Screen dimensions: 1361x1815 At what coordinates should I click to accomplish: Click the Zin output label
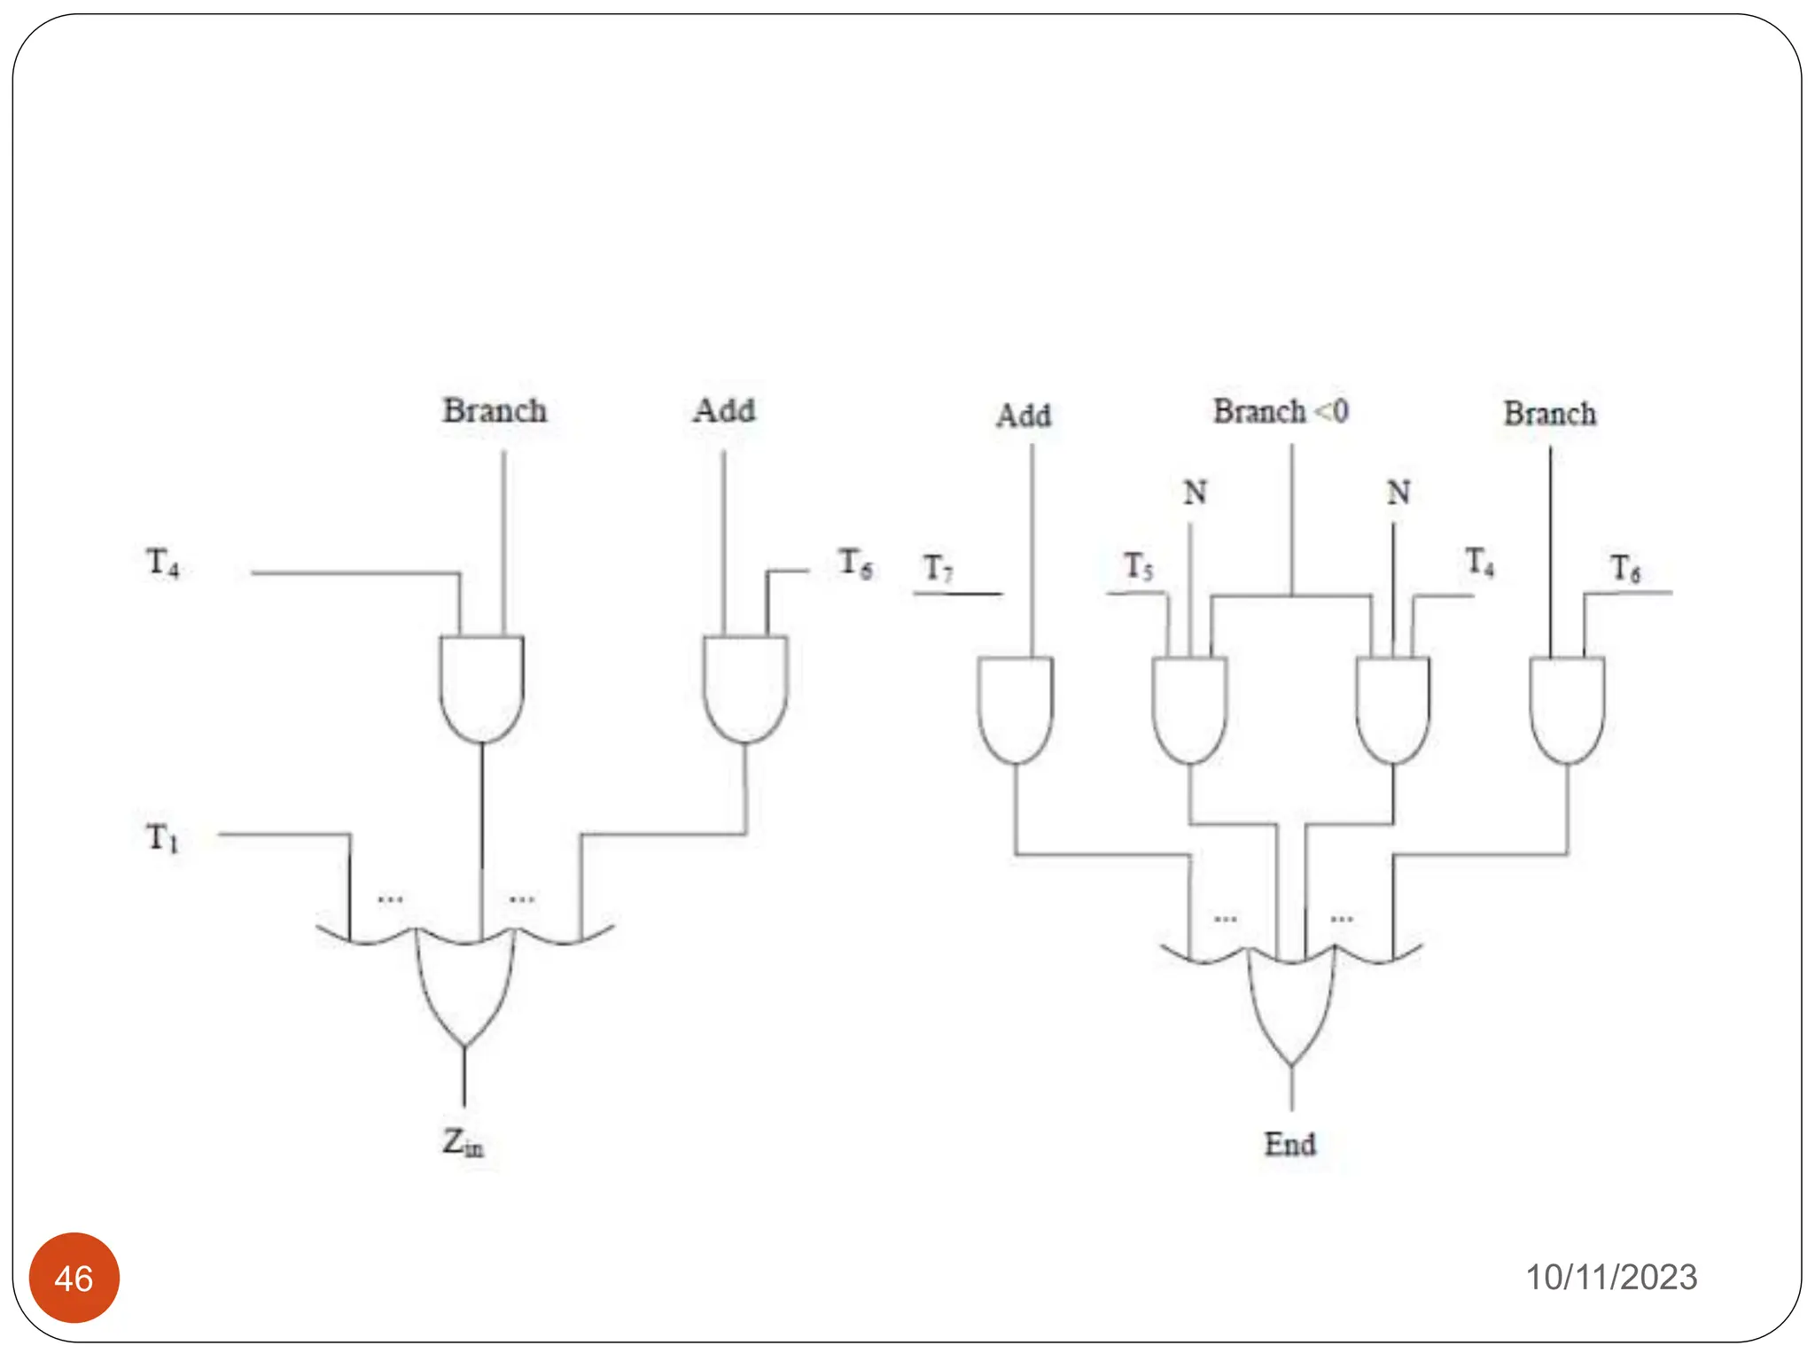pos(463,1143)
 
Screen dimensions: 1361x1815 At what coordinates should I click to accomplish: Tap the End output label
pos(1289,1144)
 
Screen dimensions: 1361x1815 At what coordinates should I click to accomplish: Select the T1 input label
pos(162,836)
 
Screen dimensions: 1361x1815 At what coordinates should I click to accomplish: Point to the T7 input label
pos(938,568)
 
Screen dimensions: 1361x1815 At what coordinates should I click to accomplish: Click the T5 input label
pos(1139,566)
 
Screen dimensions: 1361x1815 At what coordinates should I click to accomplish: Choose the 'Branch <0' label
pos(1281,411)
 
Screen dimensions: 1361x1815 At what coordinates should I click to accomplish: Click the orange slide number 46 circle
pos(74,1278)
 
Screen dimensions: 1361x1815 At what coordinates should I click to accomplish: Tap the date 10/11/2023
pos(1610,1277)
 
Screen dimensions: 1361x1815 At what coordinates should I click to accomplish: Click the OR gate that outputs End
pos(1291,1001)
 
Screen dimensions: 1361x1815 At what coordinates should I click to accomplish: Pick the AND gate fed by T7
pos(1016,709)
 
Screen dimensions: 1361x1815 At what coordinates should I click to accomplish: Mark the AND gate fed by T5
pos(1189,709)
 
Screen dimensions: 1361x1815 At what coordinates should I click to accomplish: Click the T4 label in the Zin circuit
pos(162,562)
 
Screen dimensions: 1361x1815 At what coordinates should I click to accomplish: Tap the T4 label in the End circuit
pos(1479,562)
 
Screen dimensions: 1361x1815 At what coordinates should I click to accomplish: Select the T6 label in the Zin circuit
pos(855,563)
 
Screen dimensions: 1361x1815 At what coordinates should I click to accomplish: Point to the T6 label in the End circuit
pos(1625,568)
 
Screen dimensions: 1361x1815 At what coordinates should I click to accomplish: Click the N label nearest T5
pos(1195,492)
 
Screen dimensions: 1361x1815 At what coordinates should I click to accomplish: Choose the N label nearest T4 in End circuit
pos(1398,492)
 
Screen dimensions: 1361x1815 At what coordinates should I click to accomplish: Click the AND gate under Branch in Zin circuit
pos(481,688)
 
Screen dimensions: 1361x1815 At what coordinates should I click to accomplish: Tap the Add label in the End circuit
pos(1024,415)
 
